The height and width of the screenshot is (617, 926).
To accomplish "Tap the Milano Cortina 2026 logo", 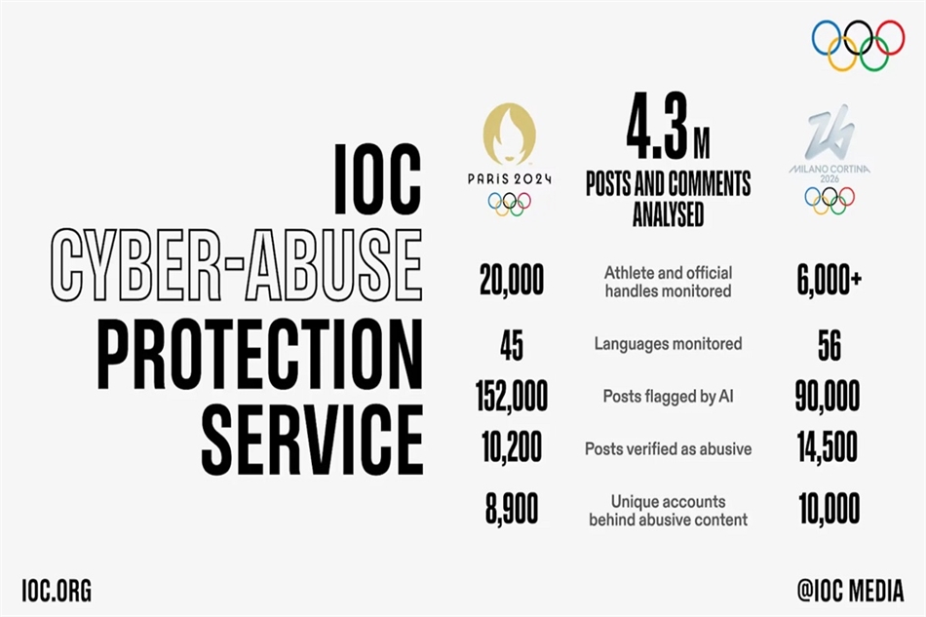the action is coord(830,160).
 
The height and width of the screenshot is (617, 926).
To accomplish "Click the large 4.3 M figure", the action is coord(668,126).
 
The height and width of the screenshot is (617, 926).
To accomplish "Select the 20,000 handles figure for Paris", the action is coord(512,280).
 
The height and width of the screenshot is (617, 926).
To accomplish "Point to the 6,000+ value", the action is coord(830,281).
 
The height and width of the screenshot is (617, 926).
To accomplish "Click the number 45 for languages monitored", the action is coord(512,345).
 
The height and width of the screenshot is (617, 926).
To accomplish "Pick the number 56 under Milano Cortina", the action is coord(830,345).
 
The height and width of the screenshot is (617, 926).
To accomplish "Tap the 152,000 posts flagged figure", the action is coord(512,396).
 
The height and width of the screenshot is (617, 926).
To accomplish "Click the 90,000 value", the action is coord(828,396).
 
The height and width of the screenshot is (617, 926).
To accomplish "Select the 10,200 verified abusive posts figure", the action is coord(512,447).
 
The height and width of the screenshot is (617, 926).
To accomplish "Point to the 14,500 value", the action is coord(828,447).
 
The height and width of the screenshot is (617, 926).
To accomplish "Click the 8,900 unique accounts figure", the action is coord(512,509).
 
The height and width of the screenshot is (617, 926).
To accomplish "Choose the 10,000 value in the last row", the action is coord(830,509).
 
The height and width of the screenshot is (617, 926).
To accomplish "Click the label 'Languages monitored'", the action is coord(668,344).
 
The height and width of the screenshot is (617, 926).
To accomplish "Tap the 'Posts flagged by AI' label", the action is coord(668,396).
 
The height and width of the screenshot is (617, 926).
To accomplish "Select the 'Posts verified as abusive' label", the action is coord(668,448).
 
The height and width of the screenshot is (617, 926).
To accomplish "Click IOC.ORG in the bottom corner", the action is coord(57,591).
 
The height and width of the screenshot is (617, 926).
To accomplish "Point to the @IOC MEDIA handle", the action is coord(850,591).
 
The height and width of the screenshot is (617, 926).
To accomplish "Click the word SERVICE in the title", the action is coord(313,440).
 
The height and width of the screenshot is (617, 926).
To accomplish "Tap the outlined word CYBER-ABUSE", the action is coord(236,266).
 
